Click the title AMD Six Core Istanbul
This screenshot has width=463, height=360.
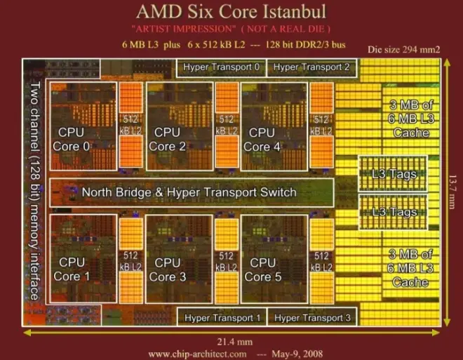(231, 13)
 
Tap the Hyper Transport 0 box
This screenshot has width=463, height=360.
(221, 68)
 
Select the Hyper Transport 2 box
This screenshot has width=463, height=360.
(311, 68)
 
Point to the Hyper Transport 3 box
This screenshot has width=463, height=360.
(312, 318)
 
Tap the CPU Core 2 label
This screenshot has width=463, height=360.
(167, 139)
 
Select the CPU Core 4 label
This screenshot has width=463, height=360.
(262, 139)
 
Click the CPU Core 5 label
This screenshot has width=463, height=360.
(262, 269)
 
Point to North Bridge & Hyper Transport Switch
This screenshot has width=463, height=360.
(189, 192)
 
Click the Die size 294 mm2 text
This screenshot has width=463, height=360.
(405, 50)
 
